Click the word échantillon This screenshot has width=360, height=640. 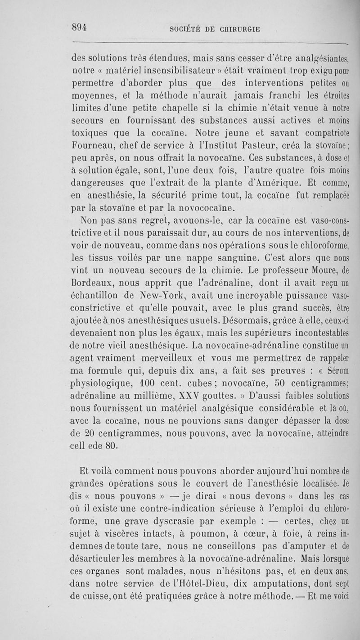[95, 295]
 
